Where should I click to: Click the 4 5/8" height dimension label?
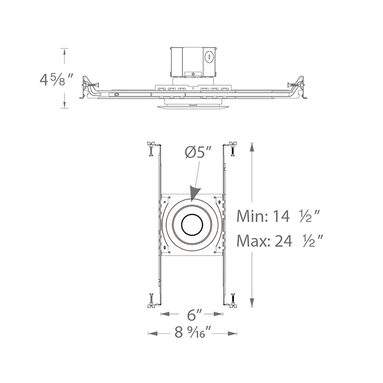click(x=56, y=79)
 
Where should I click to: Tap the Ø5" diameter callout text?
click(x=198, y=152)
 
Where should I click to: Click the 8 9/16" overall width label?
click(x=193, y=332)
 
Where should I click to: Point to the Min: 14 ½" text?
click(x=278, y=216)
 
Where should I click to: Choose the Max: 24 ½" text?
click(x=280, y=241)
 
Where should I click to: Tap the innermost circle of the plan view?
click(x=192, y=225)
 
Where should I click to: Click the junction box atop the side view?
click(x=193, y=62)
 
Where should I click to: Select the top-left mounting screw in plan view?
click(x=151, y=148)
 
